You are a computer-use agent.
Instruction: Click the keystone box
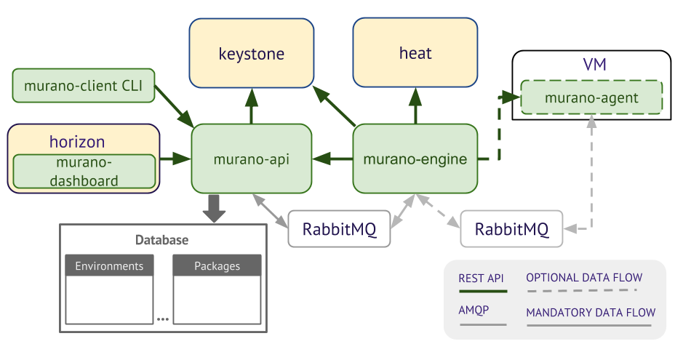pyautogui.click(x=252, y=53)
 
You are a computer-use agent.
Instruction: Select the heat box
pyautogui.click(x=415, y=53)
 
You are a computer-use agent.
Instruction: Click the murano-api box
pyautogui.click(x=252, y=159)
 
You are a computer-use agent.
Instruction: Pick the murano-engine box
pyautogui.click(x=415, y=159)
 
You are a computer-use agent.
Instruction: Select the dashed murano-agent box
pyautogui.click(x=591, y=97)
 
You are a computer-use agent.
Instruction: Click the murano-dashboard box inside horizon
pyautogui.click(x=84, y=172)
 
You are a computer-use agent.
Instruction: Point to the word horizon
pyautogui.click(x=77, y=141)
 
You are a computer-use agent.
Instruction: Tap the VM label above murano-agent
pyautogui.click(x=594, y=65)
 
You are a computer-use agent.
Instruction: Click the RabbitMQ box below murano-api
pyautogui.click(x=340, y=230)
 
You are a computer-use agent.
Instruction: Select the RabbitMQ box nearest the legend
pyautogui.click(x=511, y=230)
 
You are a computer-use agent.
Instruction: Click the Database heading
pyautogui.click(x=161, y=240)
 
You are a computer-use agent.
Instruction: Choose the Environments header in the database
pyautogui.click(x=109, y=265)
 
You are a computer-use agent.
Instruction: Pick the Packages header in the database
pyautogui.click(x=217, y=265)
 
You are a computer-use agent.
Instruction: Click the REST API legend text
pyautogui.click(x=481, y=278)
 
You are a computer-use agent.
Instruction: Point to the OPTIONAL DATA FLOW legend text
pyautogui.click(x=585, y=277)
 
